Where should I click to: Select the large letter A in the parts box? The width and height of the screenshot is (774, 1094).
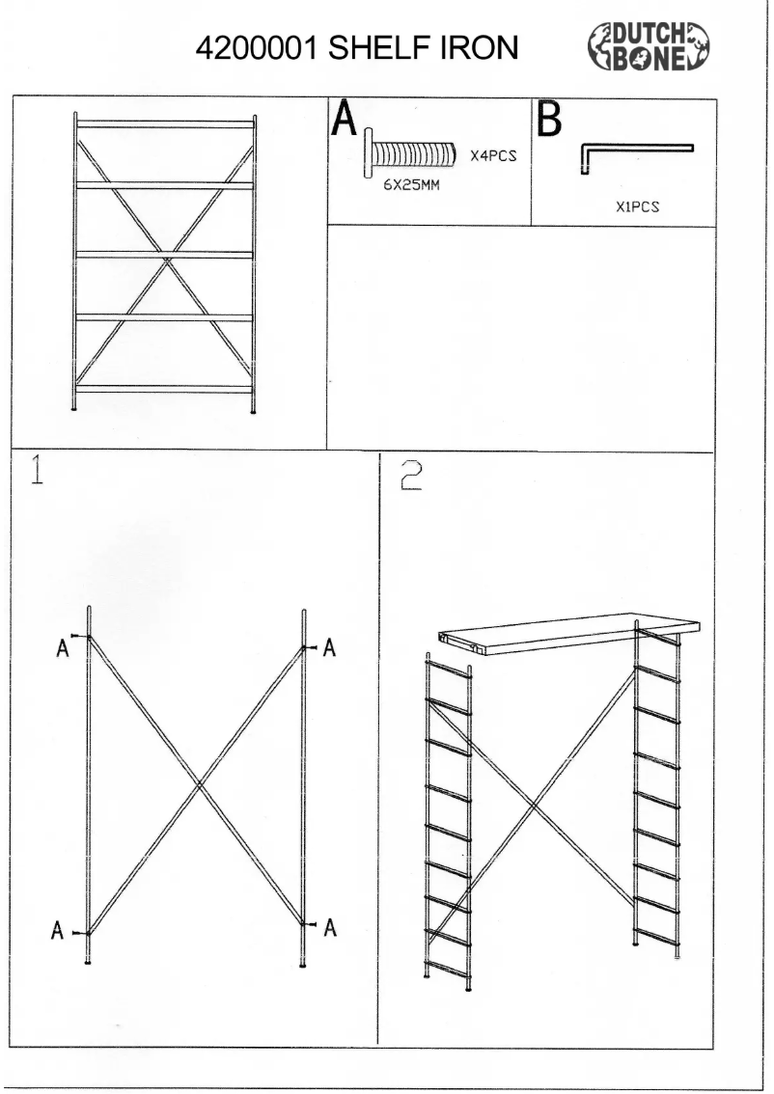click(345, 123)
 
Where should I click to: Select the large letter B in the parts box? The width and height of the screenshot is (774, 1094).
click(548, 123)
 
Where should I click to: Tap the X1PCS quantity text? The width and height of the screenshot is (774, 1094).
click(635, 206)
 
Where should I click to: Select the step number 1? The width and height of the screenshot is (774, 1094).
click(37, 474)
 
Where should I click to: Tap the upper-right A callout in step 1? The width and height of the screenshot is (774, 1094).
click(329, 648)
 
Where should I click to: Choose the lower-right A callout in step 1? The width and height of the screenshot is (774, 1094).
click(330, 927)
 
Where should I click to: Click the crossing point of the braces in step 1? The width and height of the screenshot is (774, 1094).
click(199, 784)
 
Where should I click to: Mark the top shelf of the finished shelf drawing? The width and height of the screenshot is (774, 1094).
click(165, 123)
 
